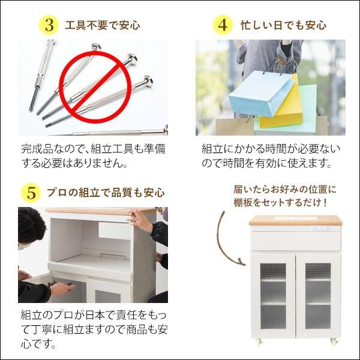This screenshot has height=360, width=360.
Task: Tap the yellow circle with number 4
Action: click(223, 25)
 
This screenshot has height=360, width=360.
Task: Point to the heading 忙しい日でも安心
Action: click(283, 26)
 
